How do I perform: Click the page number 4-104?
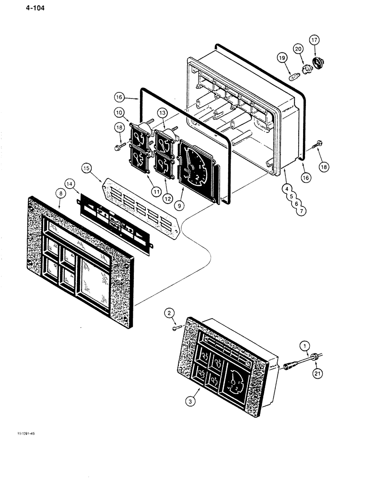click(22, 8)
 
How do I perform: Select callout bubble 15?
click(86, 168)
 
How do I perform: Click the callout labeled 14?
click(70, 183)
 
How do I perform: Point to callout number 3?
click(191, 402)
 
